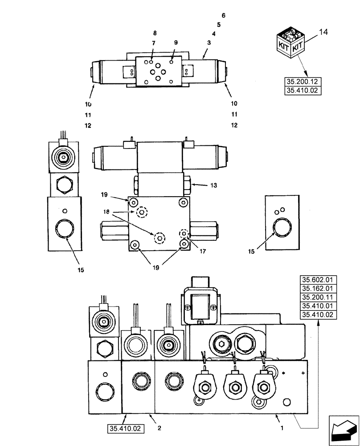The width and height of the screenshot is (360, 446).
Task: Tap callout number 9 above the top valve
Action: [176, 42]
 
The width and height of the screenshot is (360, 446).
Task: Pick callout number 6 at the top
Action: [224, 16]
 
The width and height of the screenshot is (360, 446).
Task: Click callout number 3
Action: [209, 42]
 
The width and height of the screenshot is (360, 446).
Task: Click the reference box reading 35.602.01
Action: [318, 281]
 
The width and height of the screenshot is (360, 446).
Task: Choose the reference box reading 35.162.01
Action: [318, 289]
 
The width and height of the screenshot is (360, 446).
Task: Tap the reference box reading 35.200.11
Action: [318, 297]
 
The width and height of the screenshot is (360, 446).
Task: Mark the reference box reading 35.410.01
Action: [318, 306]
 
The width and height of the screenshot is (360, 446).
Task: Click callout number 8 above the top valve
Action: [155, 33]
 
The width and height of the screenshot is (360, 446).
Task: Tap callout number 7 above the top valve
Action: [153, 43]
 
